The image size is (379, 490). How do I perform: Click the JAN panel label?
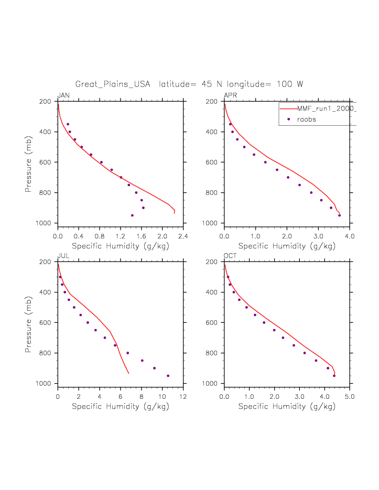click(x=63, y=95)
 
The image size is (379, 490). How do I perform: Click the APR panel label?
click(x=230, y=95)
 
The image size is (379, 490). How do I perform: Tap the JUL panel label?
click(x=63, y=256)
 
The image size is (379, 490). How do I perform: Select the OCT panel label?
click(x=230, y=256)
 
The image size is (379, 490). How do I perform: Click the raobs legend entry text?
click(x=307, y=119)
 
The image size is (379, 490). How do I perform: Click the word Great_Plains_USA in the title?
click(x=113, y=84)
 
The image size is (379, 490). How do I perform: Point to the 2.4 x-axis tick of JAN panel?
click(x=183, y=236)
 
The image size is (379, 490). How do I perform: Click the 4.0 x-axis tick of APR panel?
click(x=350, y=236)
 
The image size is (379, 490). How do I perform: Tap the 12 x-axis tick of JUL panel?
click(x=183, y=396)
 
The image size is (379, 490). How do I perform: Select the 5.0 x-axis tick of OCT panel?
click(x=350, y=396)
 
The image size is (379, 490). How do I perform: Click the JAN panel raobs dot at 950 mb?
click(x=132, y=215)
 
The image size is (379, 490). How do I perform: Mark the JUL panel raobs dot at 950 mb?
click(x=168, y=376)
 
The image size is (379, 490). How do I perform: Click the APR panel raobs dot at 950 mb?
click(x=339, y=215)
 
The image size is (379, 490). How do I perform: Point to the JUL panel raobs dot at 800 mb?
click(x=127, y=353)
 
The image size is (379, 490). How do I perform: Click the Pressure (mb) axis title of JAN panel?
click(x=29, y=162)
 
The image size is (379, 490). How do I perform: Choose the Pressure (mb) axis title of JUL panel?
click(x=29, y=323)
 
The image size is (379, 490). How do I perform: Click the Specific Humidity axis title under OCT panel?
click(x=287, y=406)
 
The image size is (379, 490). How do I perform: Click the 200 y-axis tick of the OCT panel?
click(x=213, y=262)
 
